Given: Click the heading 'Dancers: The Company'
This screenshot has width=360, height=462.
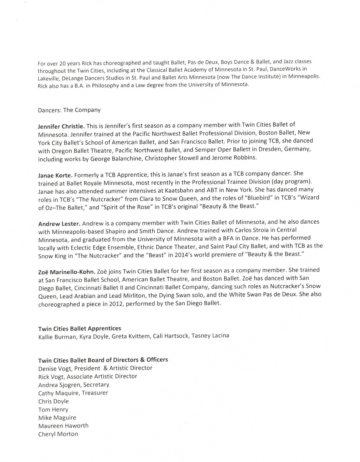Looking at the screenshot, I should click(x=69, y=110).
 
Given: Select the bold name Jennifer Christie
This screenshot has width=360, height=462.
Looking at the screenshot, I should click(x=62, y=126).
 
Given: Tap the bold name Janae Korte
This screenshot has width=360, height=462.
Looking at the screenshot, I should click(x=55, y=175).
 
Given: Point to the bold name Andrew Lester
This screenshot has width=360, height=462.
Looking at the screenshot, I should click(x=59, y=224).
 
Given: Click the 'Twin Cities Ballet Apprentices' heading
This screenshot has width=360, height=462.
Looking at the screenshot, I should click(x=80, y=328).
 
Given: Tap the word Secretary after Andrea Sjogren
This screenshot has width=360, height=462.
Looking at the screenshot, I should click(x=96, y=385).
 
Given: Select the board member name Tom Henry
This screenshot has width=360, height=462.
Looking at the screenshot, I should click(x=53, y=409).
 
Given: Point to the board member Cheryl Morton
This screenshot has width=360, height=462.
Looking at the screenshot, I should click(x=58, y=434).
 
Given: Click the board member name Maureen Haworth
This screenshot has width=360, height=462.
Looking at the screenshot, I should click(x=63, y=426).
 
